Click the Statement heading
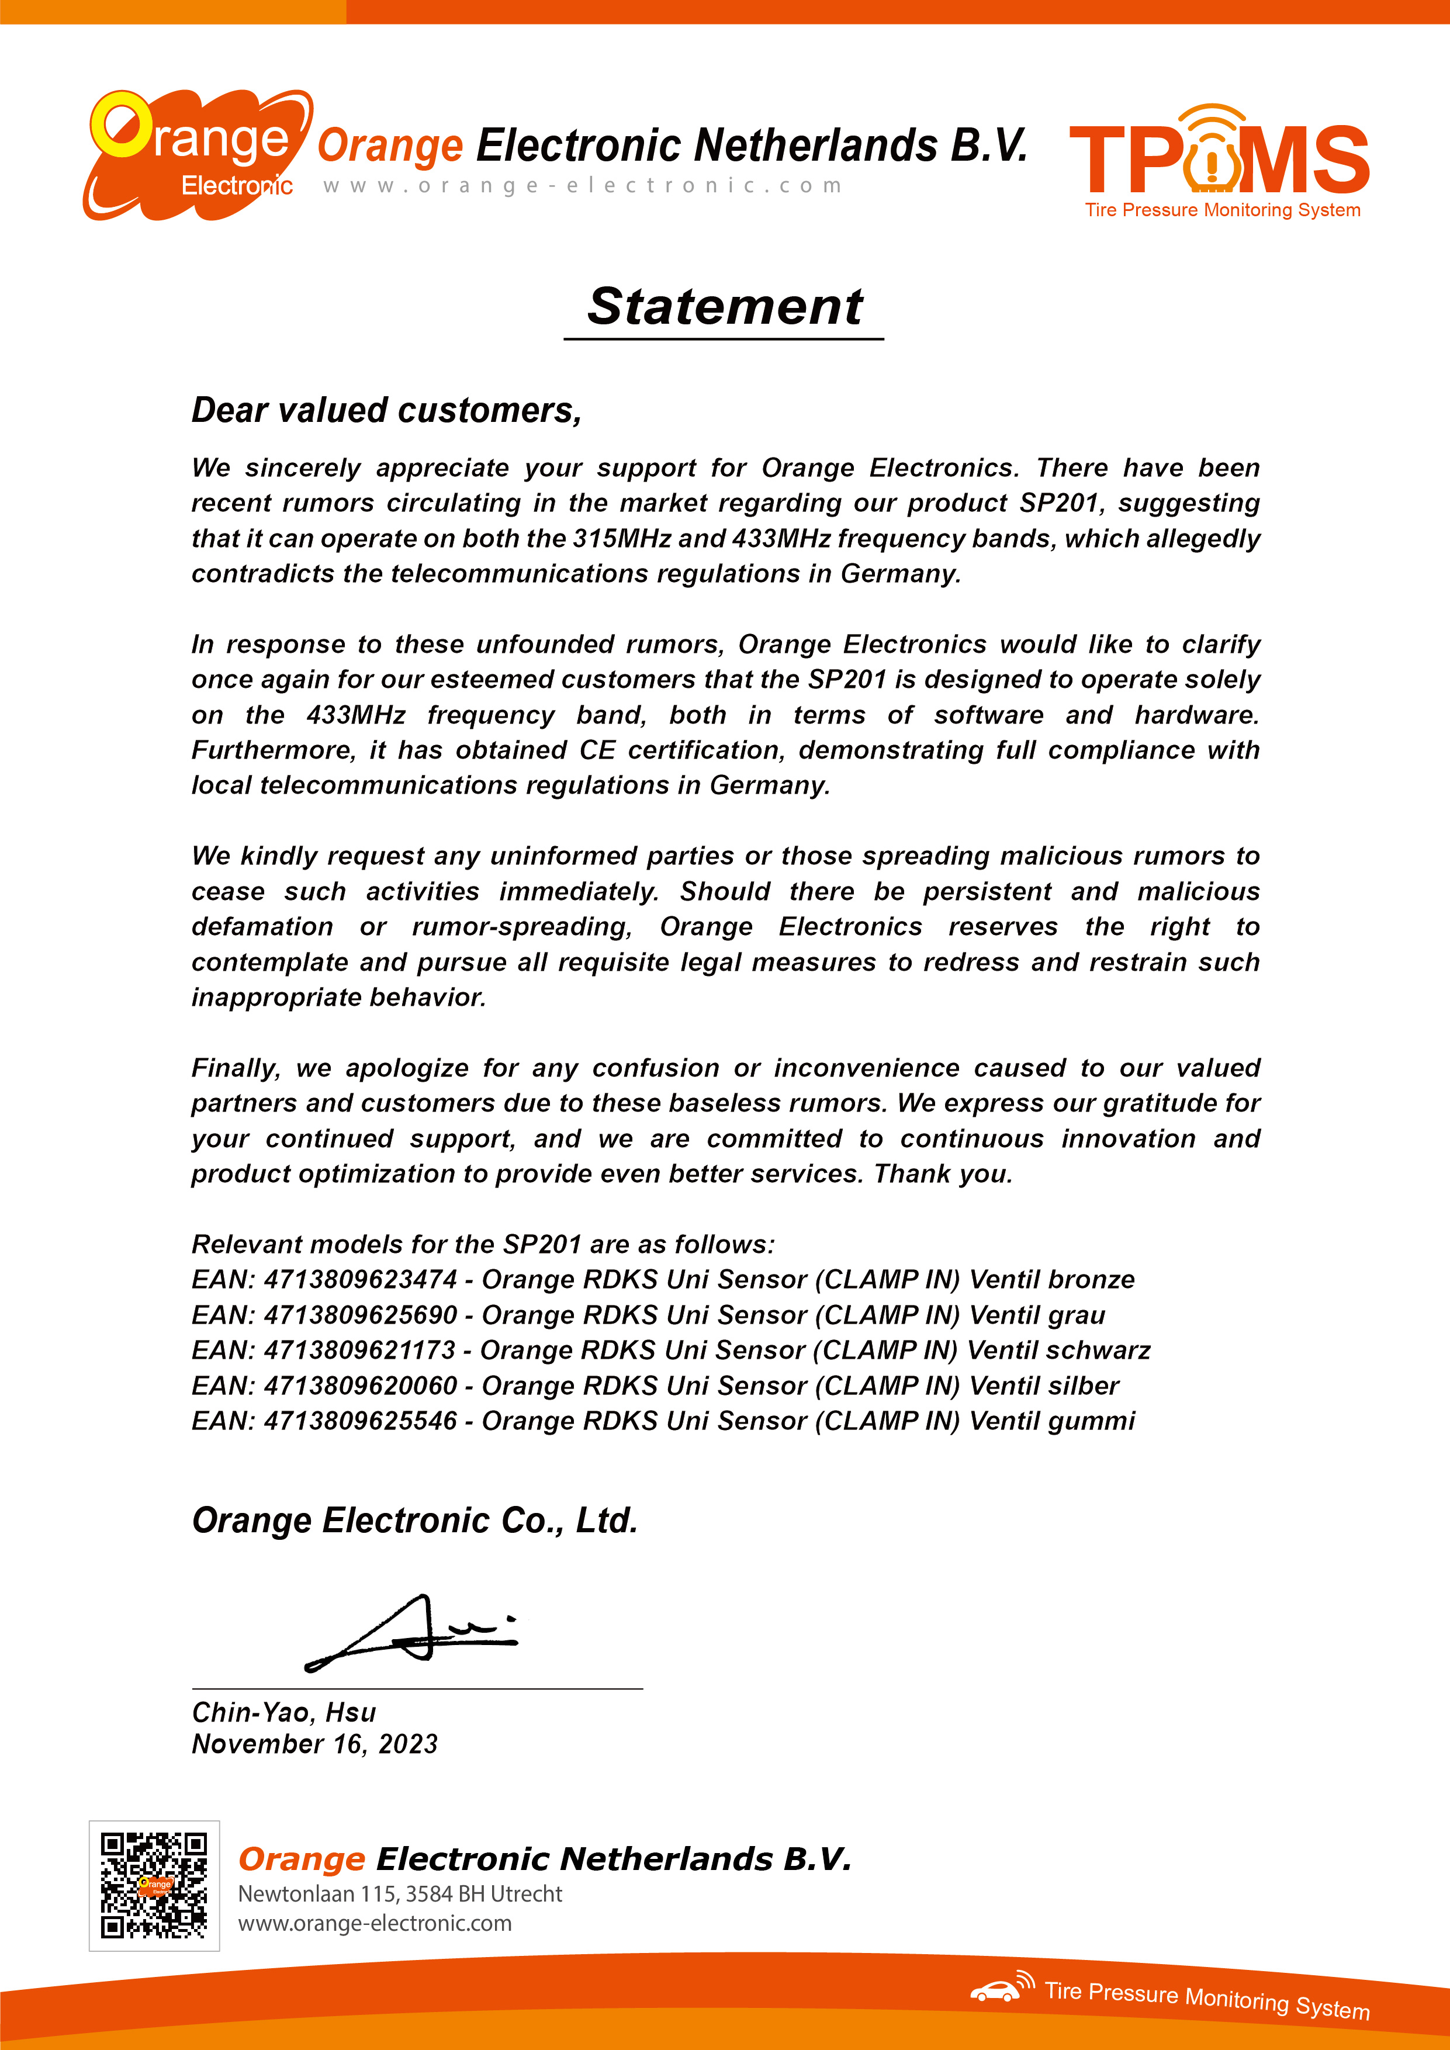(724, 307)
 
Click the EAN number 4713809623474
(361, 1279)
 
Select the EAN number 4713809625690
(361, 1315)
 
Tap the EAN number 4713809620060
(361, 1386)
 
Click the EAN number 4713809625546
(361, 1421)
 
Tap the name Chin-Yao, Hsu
(284, 1712)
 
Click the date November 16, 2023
(314, 1744)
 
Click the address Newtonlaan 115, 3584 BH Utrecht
(400, 1894)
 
